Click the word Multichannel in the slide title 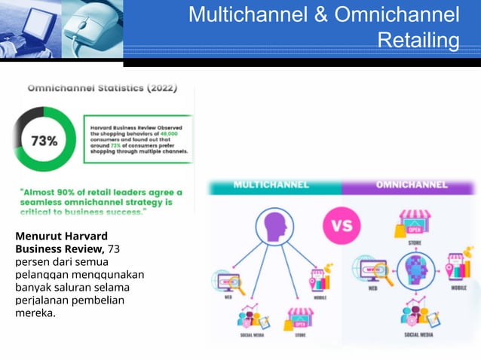pyautogui.click(x=249, y=14)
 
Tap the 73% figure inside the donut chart pyautogui.click(x=44, y=141)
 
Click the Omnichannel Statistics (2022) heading pyautogui.click(x=102, y=88)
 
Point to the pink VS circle pyautogui.click(x=342, y=226)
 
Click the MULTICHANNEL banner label pyautogui.click(x=271, y=185)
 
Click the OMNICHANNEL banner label pyautogui.click(x=411, y=185)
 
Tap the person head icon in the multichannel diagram pyautogui.click(x=271, y=225)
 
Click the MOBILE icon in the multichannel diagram pyautogui.click(x=320, y=281)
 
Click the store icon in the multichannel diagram pyautogui.click(x=299, y=319)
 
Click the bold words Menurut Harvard pyautogui.click(x=61, y=236)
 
